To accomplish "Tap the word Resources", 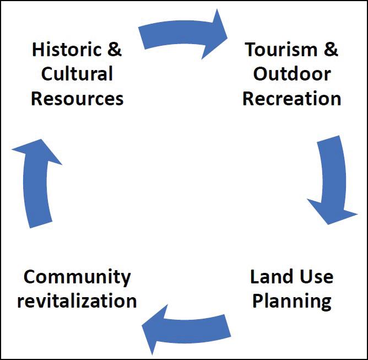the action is tap(77, 99).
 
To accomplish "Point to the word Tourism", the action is tap(278, 49).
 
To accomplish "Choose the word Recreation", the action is tap(292, 99).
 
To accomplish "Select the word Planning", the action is tap(291, 301).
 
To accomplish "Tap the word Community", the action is tap(77, 276).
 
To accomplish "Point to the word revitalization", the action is tap(77, 301).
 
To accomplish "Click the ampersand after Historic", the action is tap(114, 49).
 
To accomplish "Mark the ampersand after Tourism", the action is tap(329, 49).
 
